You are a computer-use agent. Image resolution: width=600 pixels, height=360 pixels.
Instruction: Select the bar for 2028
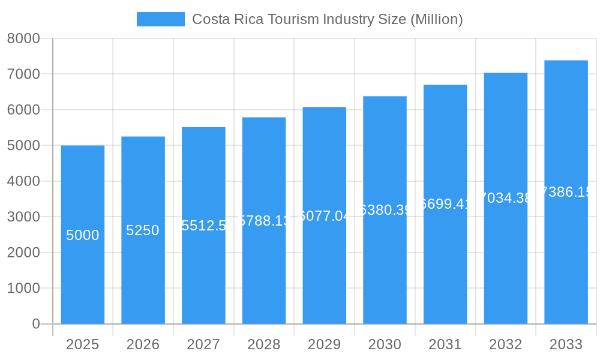(264, 270)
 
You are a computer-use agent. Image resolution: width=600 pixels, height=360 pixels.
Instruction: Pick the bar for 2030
(385, 270)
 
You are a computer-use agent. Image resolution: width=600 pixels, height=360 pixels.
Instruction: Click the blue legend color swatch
(160, 19)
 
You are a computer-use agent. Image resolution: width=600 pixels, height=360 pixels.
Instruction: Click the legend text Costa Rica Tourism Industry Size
(327, 19)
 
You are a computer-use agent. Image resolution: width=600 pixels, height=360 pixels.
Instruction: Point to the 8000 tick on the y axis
(23, 39)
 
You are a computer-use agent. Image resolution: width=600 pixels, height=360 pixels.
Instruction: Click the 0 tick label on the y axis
(35, 324)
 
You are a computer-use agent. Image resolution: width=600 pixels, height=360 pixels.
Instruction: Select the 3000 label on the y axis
(23, 217)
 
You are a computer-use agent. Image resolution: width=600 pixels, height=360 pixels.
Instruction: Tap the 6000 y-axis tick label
(23, 110)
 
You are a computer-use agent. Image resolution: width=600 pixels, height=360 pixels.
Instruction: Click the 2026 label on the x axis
(143, 344)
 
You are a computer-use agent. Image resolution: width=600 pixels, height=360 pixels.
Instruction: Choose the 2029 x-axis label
(324, 344)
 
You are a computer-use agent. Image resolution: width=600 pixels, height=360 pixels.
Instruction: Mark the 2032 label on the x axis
(505, 344)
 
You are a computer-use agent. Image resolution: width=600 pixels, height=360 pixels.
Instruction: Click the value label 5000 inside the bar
(83, 235)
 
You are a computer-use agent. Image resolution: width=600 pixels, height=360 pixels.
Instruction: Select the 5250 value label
(143, 230)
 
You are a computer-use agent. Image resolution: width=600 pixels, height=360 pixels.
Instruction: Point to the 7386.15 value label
(566, 192)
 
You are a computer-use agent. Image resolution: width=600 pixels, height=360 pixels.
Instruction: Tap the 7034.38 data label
(505, 199)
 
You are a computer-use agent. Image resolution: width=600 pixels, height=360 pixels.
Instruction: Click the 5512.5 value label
(203, 226)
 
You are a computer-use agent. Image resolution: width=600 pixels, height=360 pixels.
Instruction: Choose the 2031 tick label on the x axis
(445, 344)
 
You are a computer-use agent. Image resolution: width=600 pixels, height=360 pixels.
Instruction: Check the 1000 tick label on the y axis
(23, 289)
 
